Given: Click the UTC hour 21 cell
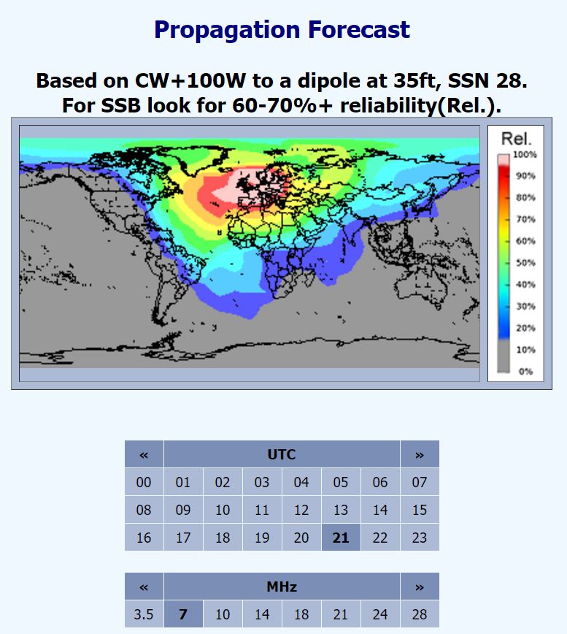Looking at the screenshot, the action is (x=341, y=538).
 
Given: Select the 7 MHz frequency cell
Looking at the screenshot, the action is (x=183, y=614).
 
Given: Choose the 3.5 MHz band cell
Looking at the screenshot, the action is (x=144, y=614).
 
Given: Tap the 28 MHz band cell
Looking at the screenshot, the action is (x=420, y=614).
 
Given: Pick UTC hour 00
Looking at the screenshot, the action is (x=144, y=482).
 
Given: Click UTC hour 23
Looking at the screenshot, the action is (x=420, y=538).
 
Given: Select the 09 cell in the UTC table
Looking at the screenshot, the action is (x=183, y=510).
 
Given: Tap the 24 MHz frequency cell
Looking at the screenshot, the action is (x=380, y=614).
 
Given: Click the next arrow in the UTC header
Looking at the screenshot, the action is (x=420, y=454).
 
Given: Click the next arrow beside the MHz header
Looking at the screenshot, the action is (x=420, y=587).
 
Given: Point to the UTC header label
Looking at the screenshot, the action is (x=282, y=454).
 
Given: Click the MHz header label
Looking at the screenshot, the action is (x=282, y=587).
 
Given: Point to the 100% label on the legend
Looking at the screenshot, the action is (x=525, y=154).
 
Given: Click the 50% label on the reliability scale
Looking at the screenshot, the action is (x=525, y=263).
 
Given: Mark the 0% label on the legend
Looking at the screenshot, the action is (x=525, y=371).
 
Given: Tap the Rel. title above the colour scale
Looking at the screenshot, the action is (x=517, y=139).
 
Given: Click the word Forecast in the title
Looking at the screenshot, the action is (x=359, y=29).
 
